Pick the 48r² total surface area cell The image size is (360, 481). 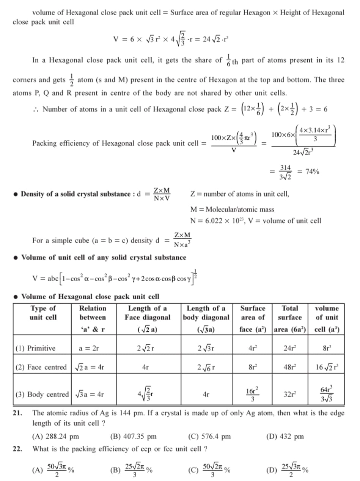click(290, 367)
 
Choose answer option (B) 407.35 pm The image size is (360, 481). click(133, 436)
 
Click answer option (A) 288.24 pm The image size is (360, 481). click(56, 436)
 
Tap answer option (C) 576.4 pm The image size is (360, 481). click(209, 436)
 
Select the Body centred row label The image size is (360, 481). click(42, 394)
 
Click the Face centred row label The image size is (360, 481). click(41, 367)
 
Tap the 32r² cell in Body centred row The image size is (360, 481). click(290, 394)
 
